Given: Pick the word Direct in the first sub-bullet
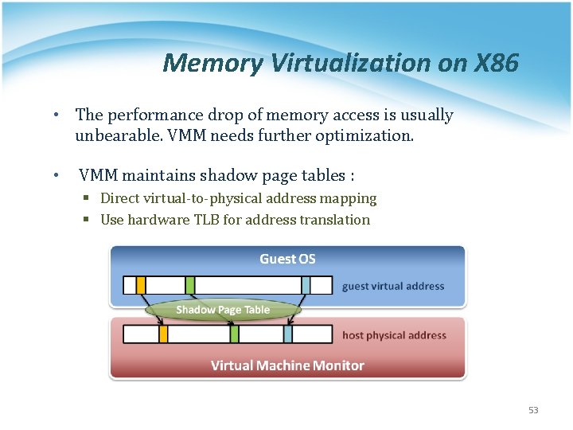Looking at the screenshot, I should pos(119,198).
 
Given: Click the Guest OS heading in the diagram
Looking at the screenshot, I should pos(287,259).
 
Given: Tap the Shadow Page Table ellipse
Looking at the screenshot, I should pos(223,310).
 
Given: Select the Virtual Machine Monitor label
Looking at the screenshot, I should pos(287,365).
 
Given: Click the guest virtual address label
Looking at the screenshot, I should pos(393,286).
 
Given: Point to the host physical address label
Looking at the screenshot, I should pos(394,335).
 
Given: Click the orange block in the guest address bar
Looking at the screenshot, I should pos(141,285).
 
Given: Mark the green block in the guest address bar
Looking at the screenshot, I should pos(190,285).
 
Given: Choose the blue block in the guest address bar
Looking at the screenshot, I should pos(306,285).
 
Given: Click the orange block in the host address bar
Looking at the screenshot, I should pos(163,334).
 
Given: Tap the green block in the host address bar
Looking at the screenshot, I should pos(235,334).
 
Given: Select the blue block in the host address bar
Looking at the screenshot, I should pos(288,334).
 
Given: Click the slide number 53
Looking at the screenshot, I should pos(533,410).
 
